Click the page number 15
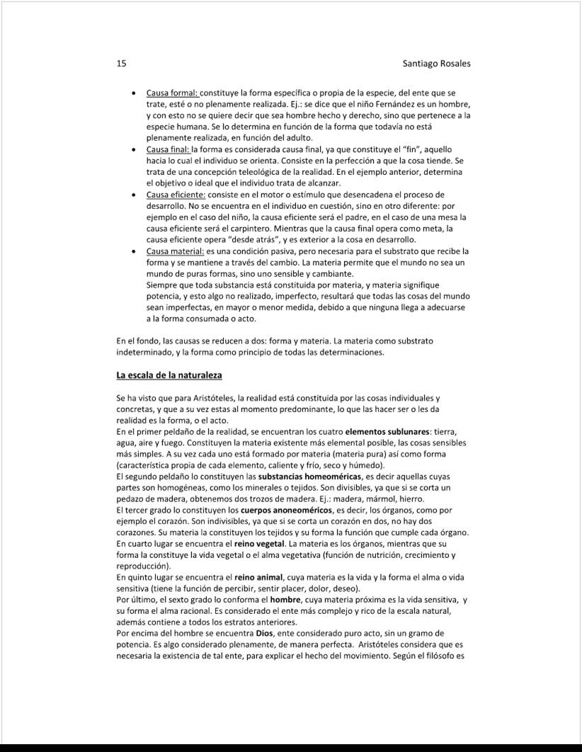coord(121,63)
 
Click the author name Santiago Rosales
coord(436,63)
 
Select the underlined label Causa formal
coord(172,93)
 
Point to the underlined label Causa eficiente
coord(176,195)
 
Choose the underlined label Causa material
coord(175,251)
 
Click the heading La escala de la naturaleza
coord(169,374)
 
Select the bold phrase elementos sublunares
coord(387,432)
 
